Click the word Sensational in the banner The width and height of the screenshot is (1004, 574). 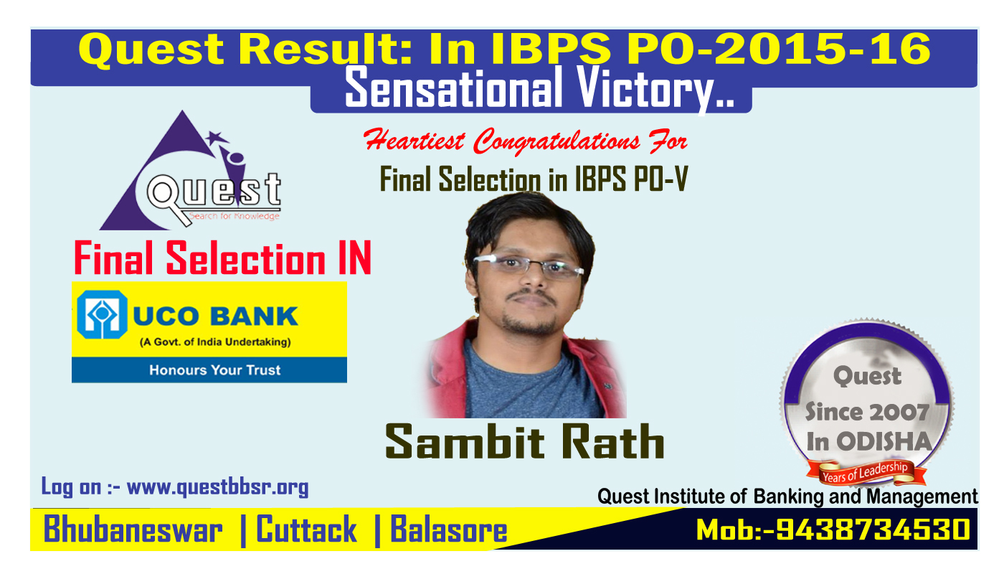point(453,88)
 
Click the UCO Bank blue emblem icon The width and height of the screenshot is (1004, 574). point(102,314)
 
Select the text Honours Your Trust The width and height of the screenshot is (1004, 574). point(214,370)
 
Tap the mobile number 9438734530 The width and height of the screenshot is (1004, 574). point(873,530)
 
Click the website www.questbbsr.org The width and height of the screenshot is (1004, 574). point(217,487)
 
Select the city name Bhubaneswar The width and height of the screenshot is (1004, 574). point(133,530)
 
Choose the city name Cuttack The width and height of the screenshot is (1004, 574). point(307,530)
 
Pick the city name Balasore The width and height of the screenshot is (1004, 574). point(449,530)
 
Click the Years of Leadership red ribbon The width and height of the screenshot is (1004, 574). point(866,473)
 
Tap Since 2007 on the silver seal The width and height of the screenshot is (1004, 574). point(867,412)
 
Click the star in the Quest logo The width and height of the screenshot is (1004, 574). point(217,137)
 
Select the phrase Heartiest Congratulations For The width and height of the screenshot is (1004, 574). point(525,141)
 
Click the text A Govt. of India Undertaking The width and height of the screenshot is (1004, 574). point(215,342)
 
